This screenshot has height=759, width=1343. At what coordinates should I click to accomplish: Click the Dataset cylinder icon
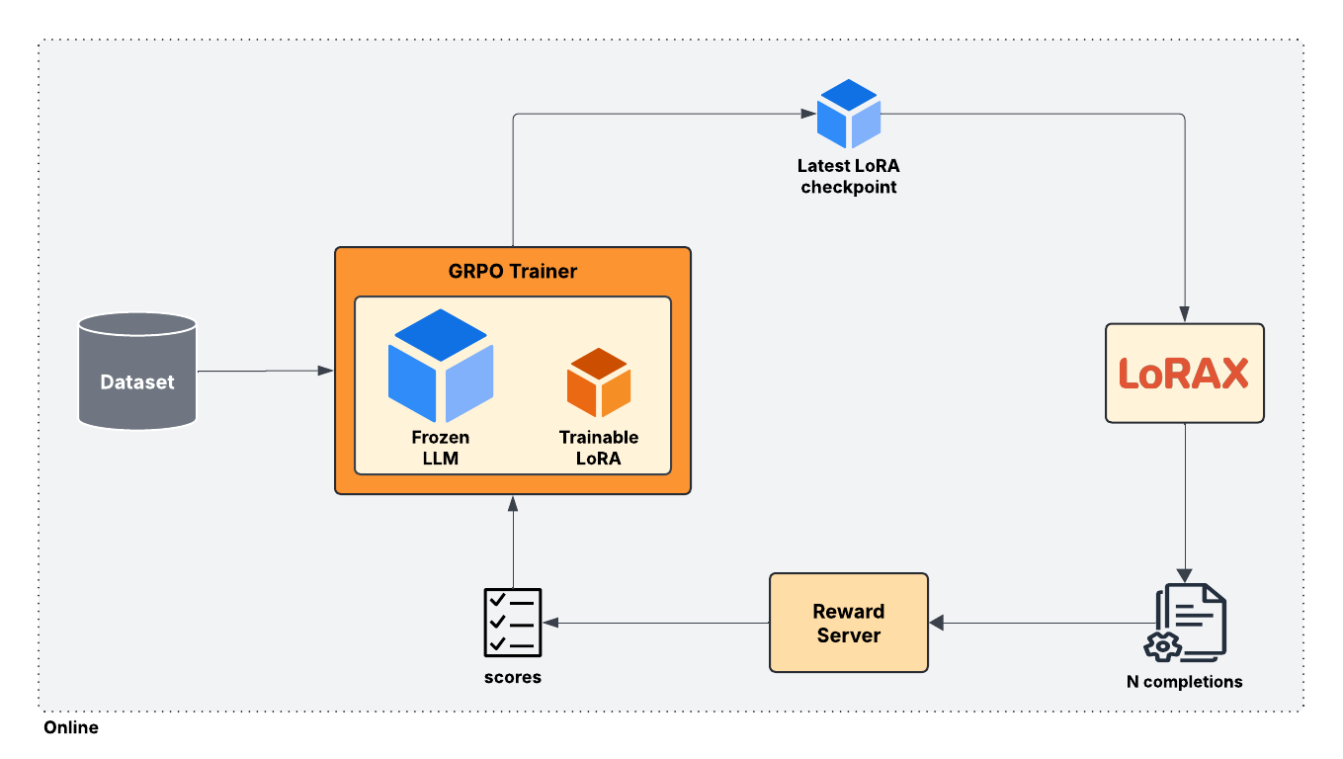coord(137,371)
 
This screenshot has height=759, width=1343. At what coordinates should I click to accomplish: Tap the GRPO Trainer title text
coord(512,271)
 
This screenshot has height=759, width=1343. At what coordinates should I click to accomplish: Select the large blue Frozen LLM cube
coord(441,365)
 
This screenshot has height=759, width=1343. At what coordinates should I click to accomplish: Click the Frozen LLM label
coord(441,447)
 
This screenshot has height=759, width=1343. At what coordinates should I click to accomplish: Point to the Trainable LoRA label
coord(599,447)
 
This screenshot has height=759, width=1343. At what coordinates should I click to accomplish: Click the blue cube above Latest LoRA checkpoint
coord(848,115)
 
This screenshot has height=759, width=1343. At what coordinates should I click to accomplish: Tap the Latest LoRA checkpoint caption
coord(848,176)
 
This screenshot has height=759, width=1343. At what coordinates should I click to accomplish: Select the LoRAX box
coord(1184,373)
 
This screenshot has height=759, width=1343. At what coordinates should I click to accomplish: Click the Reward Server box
coord(848,623)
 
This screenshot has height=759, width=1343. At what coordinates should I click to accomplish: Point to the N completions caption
coord(1185,682)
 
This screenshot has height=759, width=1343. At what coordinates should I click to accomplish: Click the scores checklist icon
coord(512,623)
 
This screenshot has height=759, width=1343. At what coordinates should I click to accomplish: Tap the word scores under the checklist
coord(512,678)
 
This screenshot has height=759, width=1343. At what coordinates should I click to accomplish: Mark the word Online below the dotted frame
coord(71,727)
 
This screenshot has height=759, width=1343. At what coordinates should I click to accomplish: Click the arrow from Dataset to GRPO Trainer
coord(265,371)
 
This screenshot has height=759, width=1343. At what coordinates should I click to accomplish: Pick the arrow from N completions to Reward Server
coord(1038,623)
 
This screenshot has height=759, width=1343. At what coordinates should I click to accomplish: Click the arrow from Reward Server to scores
coord(656,623)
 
